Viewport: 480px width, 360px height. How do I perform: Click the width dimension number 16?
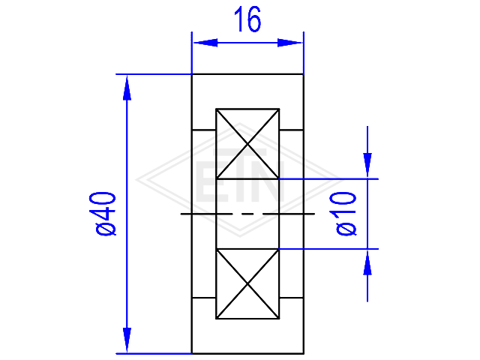tap(247, 19)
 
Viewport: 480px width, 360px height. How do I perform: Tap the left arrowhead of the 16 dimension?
tap(205, 43)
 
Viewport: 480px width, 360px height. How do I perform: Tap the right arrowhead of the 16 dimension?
tap(289, 43)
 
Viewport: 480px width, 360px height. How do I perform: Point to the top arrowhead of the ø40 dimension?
tap(127, 88)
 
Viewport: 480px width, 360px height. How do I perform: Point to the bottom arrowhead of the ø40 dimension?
tap(127, 340)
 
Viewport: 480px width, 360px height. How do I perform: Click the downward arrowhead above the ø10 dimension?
tap(367, 165)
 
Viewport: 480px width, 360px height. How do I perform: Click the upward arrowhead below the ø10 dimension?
tap(367, 262)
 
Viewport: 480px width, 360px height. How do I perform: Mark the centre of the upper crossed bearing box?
tap(247, 143)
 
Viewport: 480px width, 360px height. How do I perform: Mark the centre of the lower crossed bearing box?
tap(247, 284)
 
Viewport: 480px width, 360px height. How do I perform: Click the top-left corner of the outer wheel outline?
tap(192, 74)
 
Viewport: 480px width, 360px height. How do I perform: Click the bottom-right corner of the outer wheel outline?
tap(303, 353)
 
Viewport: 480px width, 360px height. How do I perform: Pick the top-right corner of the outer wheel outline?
tap(303, 74)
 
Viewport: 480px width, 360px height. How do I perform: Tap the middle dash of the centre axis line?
tap(247, 214)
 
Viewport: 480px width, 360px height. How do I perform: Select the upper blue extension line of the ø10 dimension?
tap(328, 178)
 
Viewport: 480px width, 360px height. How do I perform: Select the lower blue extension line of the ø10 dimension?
tap(328, 249)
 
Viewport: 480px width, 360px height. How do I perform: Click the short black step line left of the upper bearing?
tap(203, 130)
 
